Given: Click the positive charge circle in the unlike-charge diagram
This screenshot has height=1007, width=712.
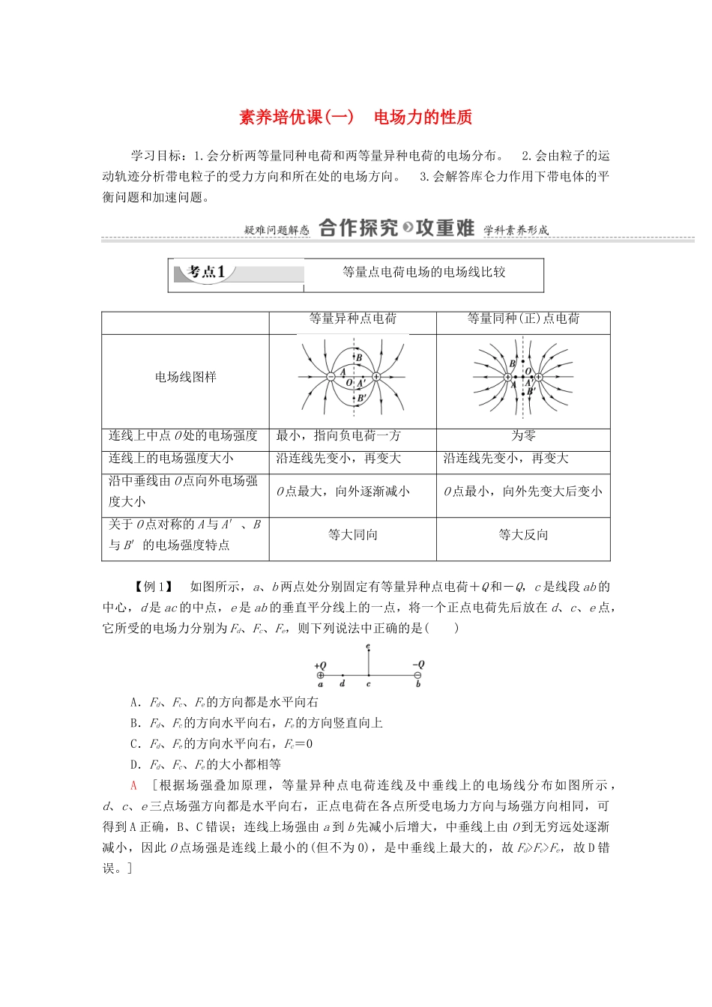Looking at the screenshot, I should [x=376, y=377].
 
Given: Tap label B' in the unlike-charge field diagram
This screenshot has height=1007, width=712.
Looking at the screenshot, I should [x=361, y=398].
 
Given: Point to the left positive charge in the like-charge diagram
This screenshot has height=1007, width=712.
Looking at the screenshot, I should [x=507, y=377].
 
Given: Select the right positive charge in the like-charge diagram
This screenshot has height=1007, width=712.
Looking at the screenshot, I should [x=538, y=377].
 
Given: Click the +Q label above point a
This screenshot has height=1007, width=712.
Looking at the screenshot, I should [x=320, y=665].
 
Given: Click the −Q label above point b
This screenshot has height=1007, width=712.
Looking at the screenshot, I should [x=418, y=664].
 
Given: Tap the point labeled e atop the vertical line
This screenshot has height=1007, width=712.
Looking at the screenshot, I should [x=368, y=647].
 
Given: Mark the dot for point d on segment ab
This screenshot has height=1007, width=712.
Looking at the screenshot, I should [x=343, y=675].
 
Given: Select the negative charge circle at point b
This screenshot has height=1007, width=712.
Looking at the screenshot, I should [x=417, y=675].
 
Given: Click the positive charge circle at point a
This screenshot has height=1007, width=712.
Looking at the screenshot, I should [x=321, y=675].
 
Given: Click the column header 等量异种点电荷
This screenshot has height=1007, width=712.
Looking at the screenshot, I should [x=352, y=319].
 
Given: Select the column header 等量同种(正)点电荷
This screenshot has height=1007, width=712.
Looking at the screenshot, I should [x=523, y=319].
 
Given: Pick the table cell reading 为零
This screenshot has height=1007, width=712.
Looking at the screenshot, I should [x=523, y=436].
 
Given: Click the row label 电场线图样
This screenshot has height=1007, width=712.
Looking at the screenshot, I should [x=185, y=378].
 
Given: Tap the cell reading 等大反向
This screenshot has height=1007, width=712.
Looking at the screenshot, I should [x=523, y=535].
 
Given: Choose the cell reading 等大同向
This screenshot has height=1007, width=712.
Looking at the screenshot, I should [x=352, y=535].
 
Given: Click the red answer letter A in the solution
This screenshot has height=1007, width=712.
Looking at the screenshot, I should [x=134, y=785].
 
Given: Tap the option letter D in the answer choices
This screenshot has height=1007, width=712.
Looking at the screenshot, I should [x=135, y=765].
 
